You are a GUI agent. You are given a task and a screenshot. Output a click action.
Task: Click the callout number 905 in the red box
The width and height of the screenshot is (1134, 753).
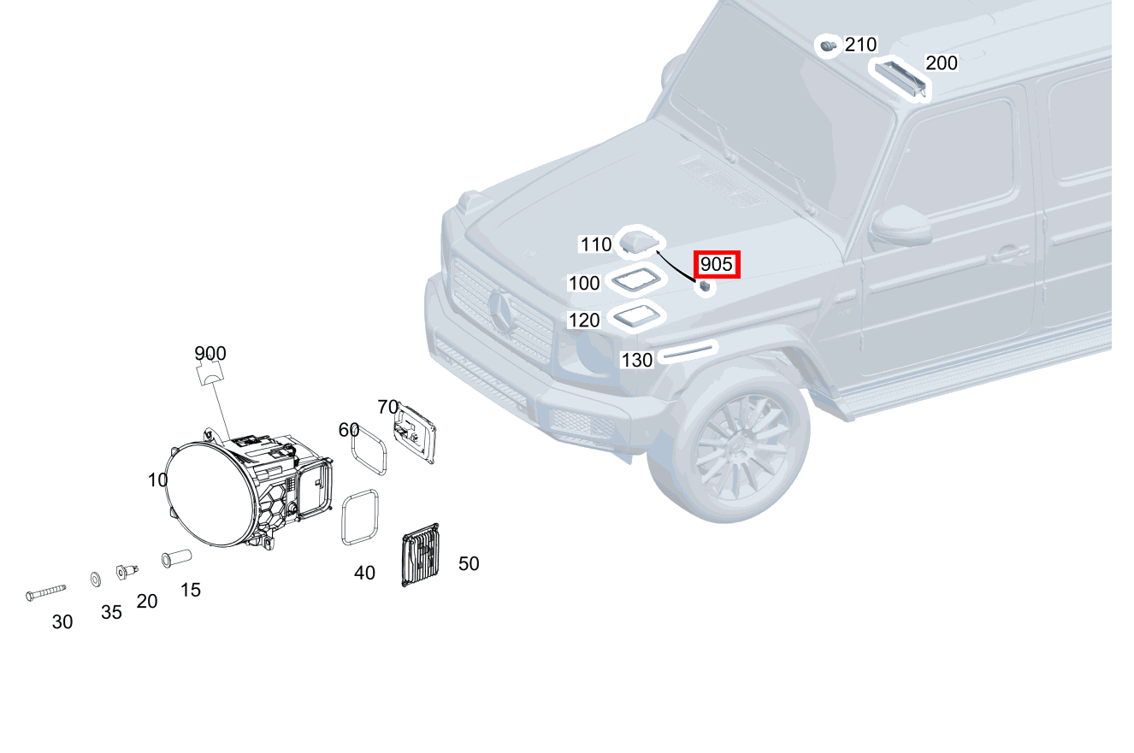tap(716, 265)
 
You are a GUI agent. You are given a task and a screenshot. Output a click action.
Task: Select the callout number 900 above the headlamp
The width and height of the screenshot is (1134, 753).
tap(210, 353)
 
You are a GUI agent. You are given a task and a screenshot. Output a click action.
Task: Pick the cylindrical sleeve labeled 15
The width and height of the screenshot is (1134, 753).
tap(176, 559)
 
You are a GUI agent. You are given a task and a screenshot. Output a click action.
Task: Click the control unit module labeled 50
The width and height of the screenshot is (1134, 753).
tap(420, 556)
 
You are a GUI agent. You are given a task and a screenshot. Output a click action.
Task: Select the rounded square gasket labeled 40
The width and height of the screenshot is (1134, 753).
tap(360, 516)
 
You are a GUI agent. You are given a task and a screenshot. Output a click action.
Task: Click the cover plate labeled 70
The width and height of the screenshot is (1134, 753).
tap(415, 434)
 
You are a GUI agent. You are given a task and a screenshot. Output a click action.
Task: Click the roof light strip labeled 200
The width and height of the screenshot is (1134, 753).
tap(899, 78)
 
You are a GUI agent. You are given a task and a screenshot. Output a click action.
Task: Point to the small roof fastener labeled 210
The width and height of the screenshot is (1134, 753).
tap(827, 45)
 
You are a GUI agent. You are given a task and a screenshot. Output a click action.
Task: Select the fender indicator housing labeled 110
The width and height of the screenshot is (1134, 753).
tap(641, 242)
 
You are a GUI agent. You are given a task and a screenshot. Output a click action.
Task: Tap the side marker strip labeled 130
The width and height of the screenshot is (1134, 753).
tap(688, 350)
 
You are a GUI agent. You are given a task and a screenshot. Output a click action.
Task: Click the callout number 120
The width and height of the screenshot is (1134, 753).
tap(584, 321)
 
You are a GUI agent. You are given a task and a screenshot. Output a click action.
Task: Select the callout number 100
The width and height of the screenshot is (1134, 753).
tap(584, 283)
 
